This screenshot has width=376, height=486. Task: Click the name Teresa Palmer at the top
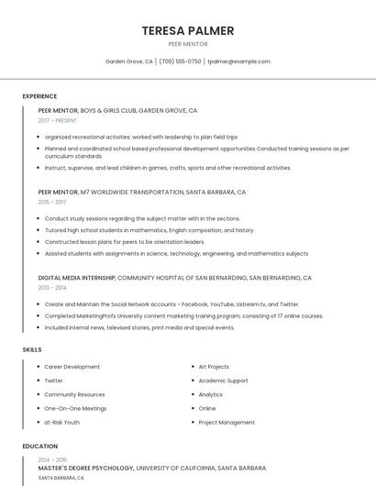[188, 30]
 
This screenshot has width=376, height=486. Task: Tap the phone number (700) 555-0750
[180, 61]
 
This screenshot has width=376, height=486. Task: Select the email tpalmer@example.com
[238, 61]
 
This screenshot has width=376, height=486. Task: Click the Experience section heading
[39, 96]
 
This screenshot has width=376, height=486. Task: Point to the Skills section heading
[32, 349]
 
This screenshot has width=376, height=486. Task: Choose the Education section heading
[39, 447]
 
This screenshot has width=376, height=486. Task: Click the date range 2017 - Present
[58, 120]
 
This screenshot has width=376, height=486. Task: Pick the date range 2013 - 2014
[52, 287]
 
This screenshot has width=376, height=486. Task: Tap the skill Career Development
[72, 367]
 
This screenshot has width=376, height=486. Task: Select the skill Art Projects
[214, 367]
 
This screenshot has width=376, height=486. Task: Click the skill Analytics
[211, 394]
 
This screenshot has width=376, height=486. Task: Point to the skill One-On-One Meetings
[75, 408]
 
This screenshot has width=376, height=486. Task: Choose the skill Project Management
[227, 423]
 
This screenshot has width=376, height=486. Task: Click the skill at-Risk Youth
[62, 423]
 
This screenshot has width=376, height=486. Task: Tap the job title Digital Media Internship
[77, 277]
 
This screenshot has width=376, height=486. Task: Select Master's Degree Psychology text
[86, 468]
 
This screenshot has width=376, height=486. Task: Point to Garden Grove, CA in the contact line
[129, 61]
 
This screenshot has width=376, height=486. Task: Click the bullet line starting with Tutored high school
[149, 230]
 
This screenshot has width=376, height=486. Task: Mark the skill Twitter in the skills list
[54, 381]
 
